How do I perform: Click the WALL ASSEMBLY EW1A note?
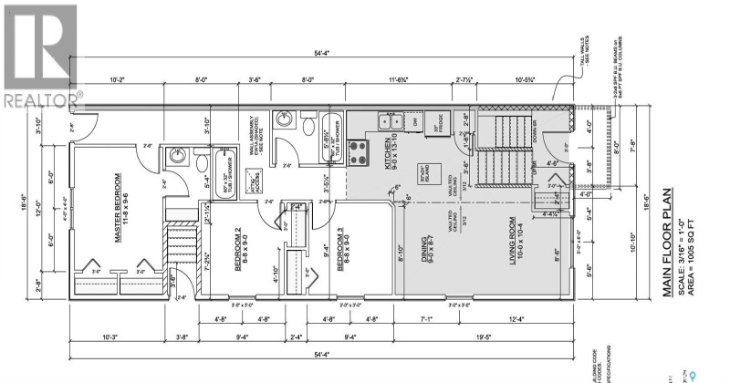(255, 137)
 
